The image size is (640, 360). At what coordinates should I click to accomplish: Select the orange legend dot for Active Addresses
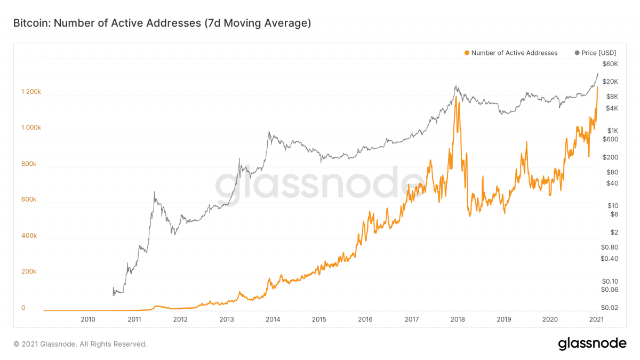tap(467, 53)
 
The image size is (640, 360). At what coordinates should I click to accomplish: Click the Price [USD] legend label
tap(599, 53)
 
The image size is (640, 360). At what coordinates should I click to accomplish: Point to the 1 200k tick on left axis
tap(31, 92)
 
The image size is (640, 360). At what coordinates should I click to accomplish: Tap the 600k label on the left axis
tap(29, 199)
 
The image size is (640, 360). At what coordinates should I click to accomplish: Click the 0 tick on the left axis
tap(23, 308)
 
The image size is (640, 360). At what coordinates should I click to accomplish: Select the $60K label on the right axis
tap(609, 64)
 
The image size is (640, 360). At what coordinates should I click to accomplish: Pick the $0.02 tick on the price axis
tap(609, 308)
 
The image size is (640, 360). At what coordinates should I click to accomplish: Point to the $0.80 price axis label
tap(609, 247)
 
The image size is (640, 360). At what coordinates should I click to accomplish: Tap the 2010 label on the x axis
tap(88, 319)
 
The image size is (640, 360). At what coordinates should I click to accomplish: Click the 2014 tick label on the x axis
tap(273, 319)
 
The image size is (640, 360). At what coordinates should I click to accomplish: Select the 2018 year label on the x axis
tap(458, 319)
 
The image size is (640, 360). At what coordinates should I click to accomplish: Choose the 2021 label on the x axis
tap(596, 319)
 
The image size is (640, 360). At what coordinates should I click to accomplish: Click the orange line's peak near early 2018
tap(457, 97)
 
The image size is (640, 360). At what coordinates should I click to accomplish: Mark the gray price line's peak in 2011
tap(154, 192)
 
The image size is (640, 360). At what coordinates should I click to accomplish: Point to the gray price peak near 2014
tap(269, 132)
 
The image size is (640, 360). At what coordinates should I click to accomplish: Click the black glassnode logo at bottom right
tap(592, 344)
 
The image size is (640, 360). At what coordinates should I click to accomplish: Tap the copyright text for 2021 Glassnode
tap(80, 345)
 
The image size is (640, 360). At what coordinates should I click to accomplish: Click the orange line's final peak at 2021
tap(597, 87)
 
